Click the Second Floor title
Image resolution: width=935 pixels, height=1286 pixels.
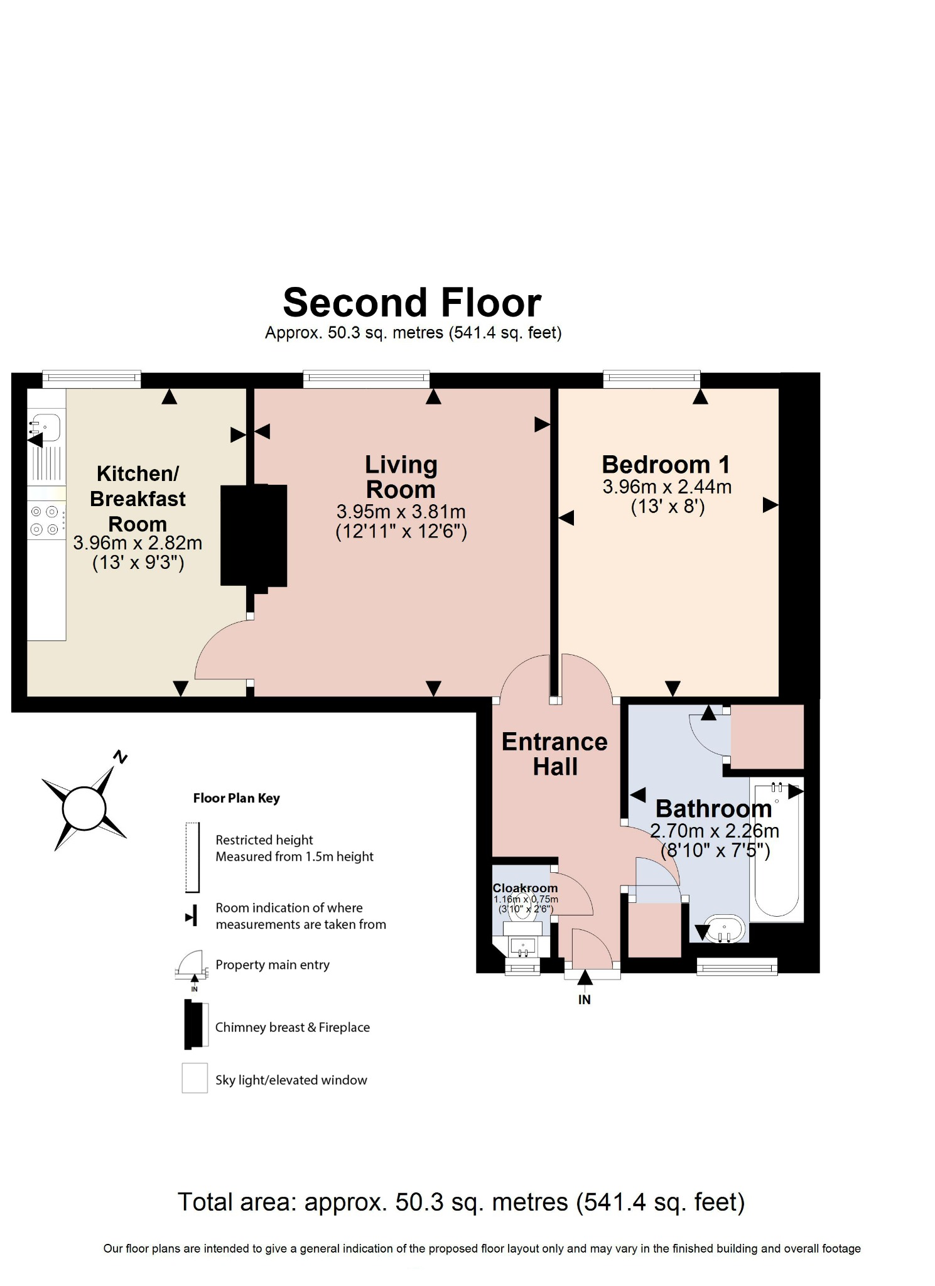click(412, 303)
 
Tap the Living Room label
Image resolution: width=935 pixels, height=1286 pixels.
click(401, 477)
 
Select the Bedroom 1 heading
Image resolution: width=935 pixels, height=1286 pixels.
click(666, 465)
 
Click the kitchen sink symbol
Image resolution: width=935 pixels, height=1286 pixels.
click(46, 427)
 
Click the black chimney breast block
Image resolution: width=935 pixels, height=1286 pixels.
click(254, 536)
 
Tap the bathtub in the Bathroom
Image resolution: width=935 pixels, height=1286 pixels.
click(777, 850)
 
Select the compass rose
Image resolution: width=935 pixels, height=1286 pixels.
click(84, 808)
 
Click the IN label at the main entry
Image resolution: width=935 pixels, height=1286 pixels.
click(584, 1000)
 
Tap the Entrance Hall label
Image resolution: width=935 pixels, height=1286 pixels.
click(554, 754)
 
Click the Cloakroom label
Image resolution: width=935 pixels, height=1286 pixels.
click(525, 888)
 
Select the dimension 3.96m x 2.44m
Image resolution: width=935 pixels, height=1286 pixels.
click(667, 487)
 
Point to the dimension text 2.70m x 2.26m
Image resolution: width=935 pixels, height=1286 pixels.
click(715, 831)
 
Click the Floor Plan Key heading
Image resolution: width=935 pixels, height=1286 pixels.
click(236, 798)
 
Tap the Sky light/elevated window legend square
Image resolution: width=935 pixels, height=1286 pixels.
click(195, 1078)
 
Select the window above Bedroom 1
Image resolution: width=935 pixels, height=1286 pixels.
click(652, 378)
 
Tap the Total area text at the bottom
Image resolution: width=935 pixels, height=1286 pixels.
click(462, 1202)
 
